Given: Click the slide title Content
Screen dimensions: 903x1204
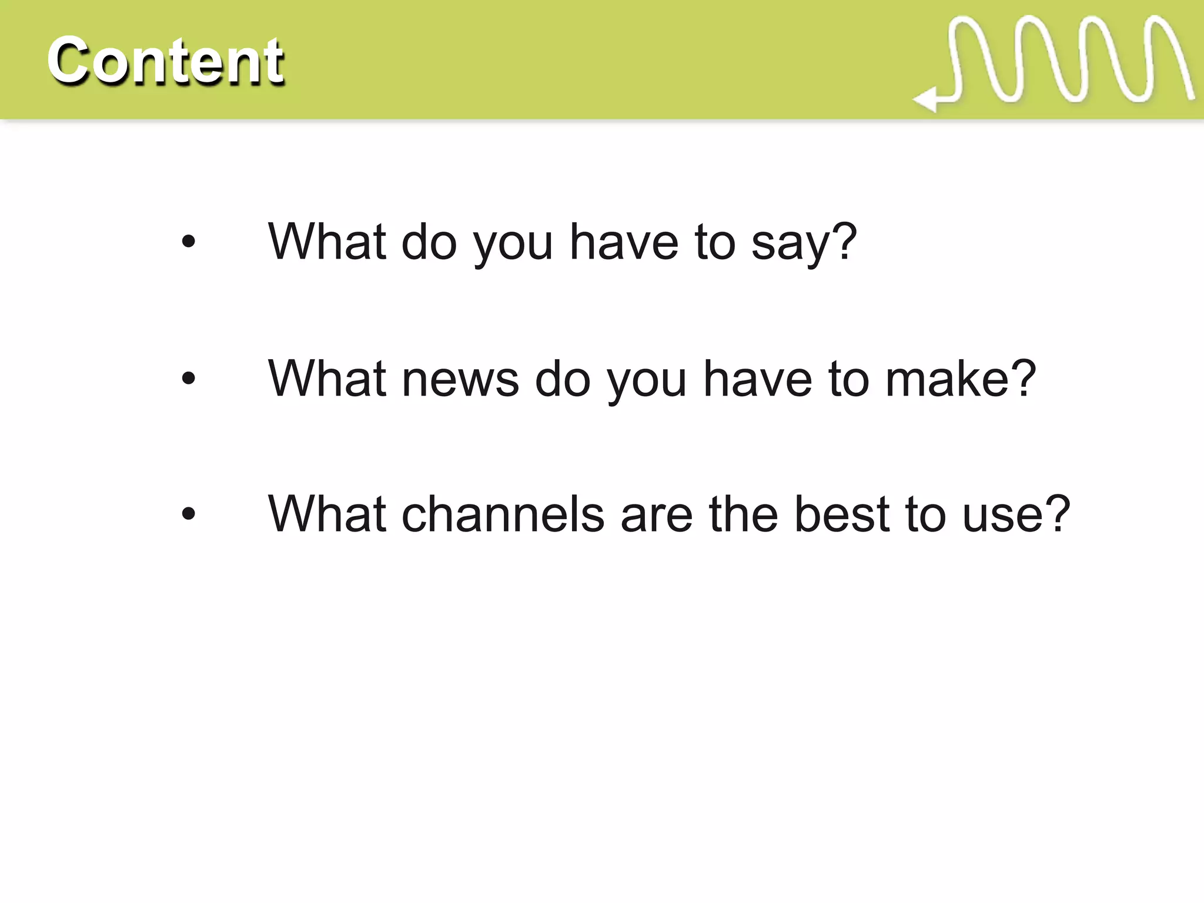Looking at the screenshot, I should tap(165, 60).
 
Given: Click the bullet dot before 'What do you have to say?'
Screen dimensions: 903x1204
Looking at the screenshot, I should tap(188, 241).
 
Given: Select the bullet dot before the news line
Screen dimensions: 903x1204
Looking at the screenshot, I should tap(188, 378).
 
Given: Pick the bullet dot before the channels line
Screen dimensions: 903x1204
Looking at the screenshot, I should tap(188, 514).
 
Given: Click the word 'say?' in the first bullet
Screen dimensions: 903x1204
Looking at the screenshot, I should tap(804, 242).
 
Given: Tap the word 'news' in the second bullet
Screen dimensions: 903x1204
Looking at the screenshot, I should tap(460, 379).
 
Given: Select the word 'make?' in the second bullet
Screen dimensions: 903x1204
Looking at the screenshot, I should tap(961, 379).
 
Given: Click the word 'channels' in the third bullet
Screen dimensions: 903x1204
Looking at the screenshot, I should tap(503, 514).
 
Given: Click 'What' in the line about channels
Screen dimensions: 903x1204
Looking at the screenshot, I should tap(327, 514).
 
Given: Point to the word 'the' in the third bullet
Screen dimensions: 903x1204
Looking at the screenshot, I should tap(743, 514).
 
